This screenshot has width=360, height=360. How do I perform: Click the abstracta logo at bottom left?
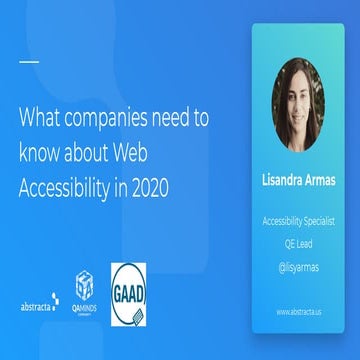pyautogui.click(x=38, y=302)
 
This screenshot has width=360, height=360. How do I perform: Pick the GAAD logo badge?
pyautogui.click(x=127, y=294)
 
